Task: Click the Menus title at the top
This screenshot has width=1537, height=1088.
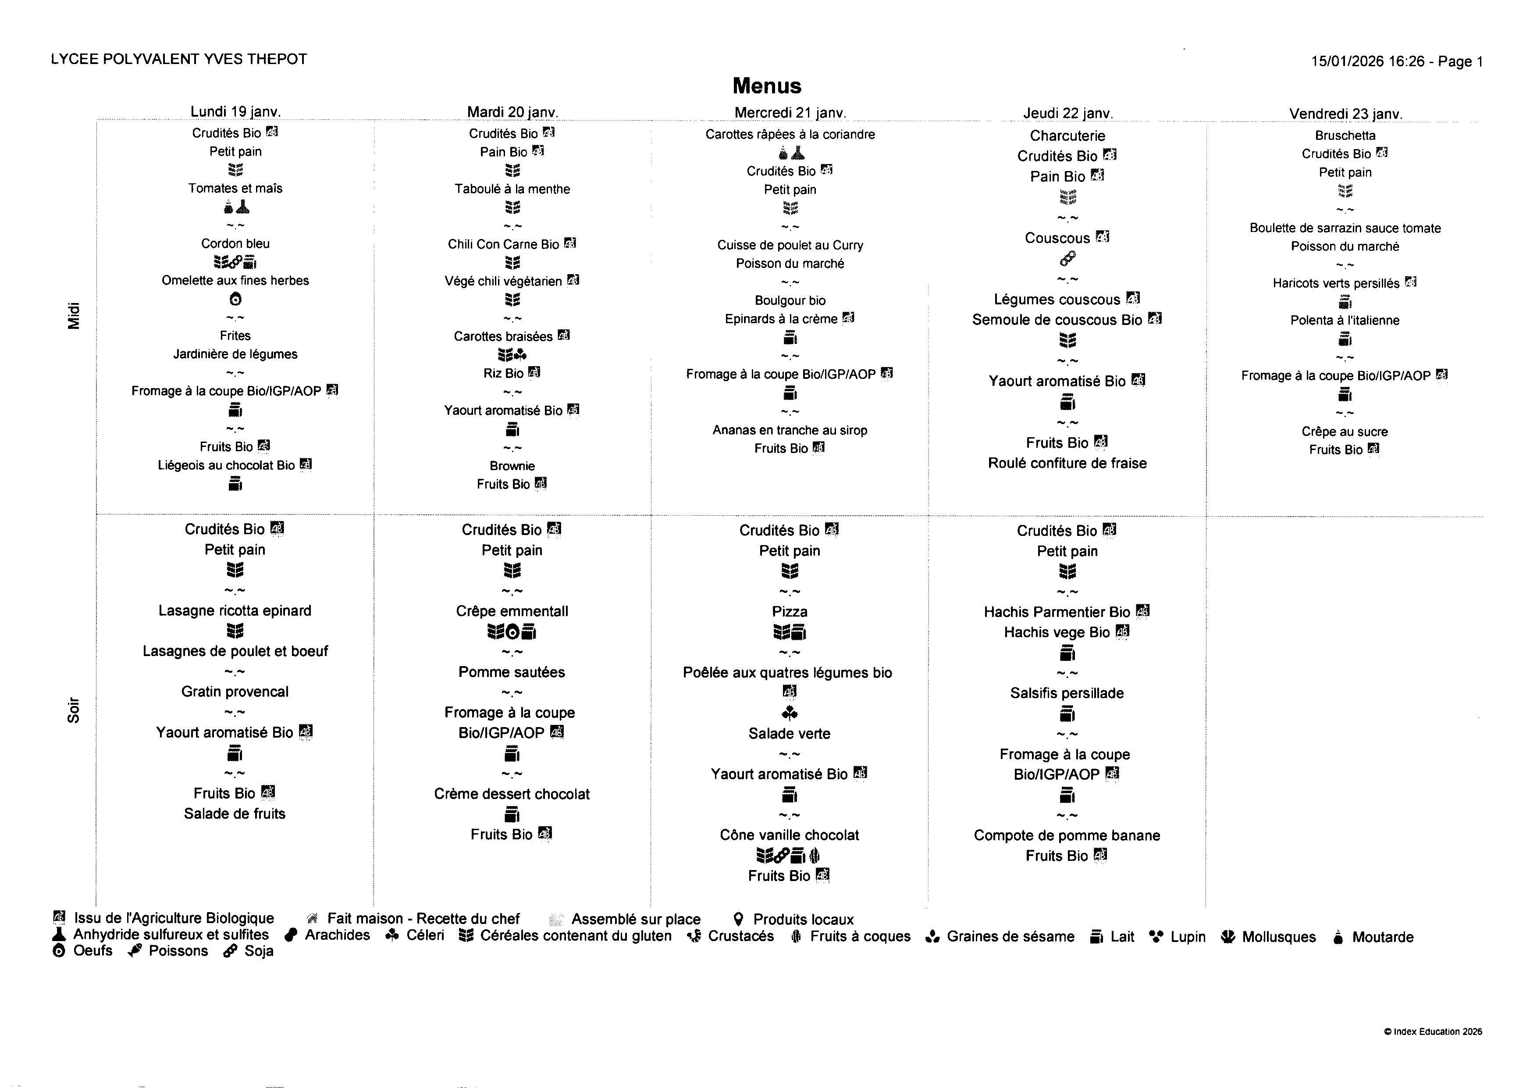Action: tap(767, 86)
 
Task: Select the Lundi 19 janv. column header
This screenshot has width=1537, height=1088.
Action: tap(235, 111)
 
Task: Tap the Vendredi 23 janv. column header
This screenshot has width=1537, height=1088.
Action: tap(1345, 114)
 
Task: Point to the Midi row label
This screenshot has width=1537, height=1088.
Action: tap(74, 316)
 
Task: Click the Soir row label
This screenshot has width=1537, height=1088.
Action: tap(74, 710)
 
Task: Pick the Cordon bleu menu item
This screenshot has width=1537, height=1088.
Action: tap(235, 244)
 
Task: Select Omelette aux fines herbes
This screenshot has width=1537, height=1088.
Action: tap(235, 281)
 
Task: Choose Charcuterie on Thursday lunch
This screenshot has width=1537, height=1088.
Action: tap(1067, 136)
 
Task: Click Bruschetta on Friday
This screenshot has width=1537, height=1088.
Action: tap(1345, 136)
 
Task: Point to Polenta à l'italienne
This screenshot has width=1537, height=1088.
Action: tap(1345, 320)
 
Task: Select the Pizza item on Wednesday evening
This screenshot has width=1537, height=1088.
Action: tap(790, 612)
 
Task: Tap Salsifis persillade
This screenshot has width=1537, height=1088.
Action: tap(1067, 693)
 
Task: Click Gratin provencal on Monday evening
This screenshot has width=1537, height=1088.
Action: tap(235, 692)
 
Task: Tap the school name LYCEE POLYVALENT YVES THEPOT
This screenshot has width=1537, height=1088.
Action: tap(179, 59)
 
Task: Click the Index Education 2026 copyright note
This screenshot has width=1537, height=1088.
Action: tap(1433, 1032)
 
